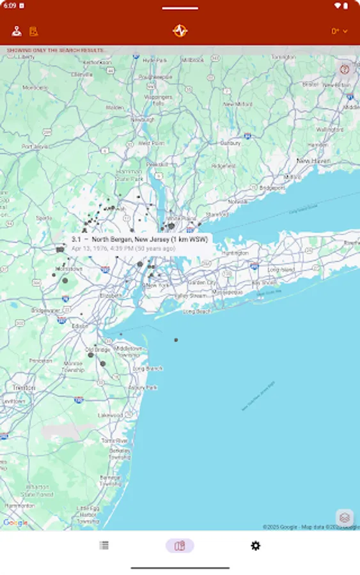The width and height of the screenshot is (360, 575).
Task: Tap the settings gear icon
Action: click(x=255, y=546)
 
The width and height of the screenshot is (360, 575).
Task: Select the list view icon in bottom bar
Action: click(x=104, y=546)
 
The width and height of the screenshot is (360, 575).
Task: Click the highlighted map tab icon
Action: click(x=180, y=546)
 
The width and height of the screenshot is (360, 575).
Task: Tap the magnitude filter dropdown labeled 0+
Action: click(x=339, y=31)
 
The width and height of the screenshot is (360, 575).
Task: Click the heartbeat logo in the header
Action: click(x=180, y=31)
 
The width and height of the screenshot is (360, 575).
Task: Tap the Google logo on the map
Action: click(x=15, y=523)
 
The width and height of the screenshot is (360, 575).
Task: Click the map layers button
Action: click(x=345, y=517)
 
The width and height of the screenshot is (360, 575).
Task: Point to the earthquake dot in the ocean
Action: click(x=176, y=340)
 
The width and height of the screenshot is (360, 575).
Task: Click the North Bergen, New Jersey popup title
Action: click(x=140, y=240)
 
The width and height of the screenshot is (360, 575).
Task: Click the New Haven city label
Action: click(x=313, y=161)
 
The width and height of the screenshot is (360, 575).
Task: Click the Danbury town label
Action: click(x=230, y=143)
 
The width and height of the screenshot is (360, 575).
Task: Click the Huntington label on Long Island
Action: click(x=235, y=253)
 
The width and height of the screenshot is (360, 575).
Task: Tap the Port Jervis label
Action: click(x=35, y=146)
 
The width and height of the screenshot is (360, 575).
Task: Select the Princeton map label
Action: click(x=41, y=360)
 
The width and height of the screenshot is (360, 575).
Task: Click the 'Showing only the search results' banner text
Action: click(x=56, y=50)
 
